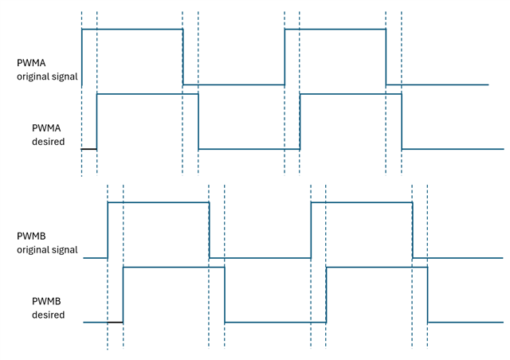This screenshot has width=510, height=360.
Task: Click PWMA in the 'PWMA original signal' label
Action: (x=31, y=63)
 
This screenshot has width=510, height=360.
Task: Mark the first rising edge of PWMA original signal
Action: (x=82, y=56)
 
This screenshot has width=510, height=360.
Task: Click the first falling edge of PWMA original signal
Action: (x=182, y=56)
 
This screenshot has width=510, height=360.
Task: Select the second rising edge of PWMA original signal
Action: (x=284, y=56)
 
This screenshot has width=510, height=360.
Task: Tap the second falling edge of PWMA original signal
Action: (x=386, y=56)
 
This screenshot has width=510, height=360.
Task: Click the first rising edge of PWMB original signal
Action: (x=108, y=230)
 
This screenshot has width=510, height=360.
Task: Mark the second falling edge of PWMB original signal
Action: (x=412, y=230)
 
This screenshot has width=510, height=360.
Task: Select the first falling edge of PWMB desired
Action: (x=225, y=295)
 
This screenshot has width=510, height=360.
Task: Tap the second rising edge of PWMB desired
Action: (x=327, y=295)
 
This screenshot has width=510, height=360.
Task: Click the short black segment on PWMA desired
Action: (x=89, y=149)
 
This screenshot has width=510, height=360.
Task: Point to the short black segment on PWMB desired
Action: (x=115, y=322)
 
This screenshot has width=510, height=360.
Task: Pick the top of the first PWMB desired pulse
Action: (x=174, y=268)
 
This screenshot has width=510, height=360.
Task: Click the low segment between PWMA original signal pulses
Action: (x=233, y=84)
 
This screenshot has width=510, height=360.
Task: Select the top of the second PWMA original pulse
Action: (x=335, y=29)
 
